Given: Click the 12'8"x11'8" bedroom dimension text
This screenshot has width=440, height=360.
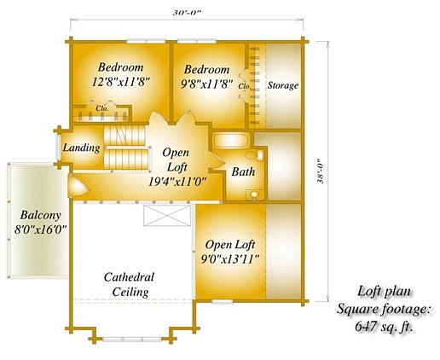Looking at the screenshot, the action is pos(120,82).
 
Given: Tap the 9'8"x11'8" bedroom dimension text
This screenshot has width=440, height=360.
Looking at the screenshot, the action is pos(207,84).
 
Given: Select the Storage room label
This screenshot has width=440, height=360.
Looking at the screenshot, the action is pos(283,85).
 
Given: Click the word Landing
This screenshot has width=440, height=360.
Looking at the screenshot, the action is pos(81,148).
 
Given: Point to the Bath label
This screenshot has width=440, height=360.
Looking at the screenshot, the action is pos(243,171).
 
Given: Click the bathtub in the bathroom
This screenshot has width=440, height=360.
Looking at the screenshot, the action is pos(231,141).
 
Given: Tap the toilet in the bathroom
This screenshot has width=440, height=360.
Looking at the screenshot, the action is pos(255,155).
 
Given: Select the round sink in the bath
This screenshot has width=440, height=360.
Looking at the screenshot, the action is pos(254,195).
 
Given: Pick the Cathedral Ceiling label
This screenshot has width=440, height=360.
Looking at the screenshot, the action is pos(130,284).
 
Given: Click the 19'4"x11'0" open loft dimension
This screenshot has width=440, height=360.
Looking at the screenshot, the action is pos(177,182).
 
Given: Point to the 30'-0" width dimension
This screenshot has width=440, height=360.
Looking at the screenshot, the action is pos(187,13).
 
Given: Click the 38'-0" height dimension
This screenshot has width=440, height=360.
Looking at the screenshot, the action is pos(321,171).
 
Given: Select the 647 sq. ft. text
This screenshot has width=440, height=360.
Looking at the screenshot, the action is pos(384,327).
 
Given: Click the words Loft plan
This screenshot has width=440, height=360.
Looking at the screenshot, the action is pos(384,292).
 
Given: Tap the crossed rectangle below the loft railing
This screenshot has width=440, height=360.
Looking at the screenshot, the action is pos(167,215).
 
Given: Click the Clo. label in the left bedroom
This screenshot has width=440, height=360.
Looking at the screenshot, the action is pos(101,108).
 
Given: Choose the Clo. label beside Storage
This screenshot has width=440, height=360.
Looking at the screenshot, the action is pos(245,86).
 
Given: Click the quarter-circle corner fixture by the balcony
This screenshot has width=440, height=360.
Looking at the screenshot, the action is pos(78,185).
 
